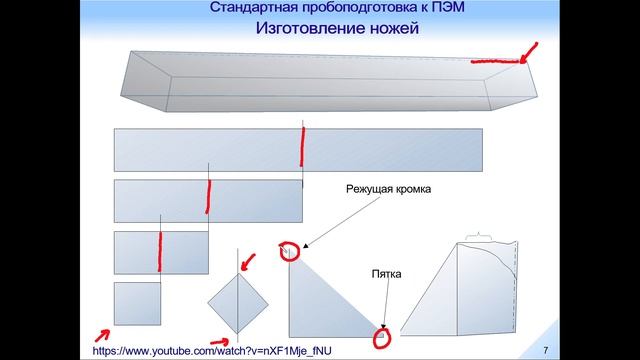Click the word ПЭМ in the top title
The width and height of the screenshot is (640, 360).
[x=459, y=8]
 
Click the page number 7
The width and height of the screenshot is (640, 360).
[x=545, y=350]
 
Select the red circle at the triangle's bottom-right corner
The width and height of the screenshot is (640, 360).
[x=382, y=337]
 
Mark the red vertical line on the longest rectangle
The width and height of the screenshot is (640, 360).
[x=302, y=148]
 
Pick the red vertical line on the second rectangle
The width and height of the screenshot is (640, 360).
[x=208, y=198]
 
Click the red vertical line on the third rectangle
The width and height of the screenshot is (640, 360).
[x=159, y=251]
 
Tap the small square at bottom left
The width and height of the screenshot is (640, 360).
[x=137, y=303]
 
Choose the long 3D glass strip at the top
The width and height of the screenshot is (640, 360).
[x=320, y=81]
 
